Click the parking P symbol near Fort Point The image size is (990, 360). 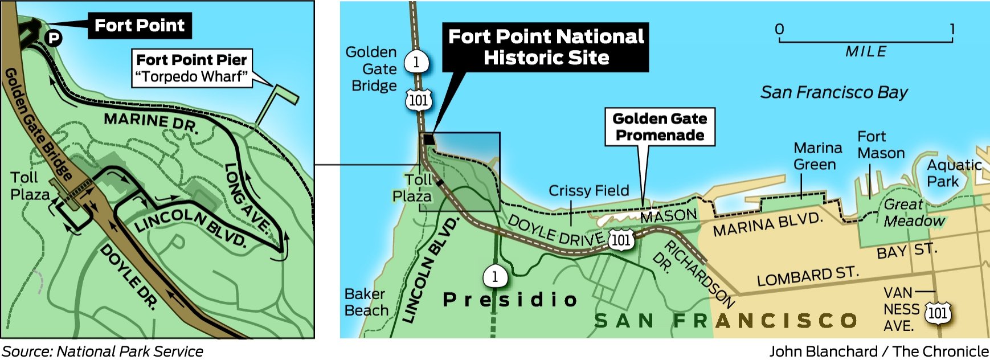(54, 38)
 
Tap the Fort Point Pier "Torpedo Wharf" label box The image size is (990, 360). (191, 68)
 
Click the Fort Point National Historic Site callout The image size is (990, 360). (546, 47)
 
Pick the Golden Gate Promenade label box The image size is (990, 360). (660, 126)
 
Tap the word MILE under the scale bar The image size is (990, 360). (866, 52)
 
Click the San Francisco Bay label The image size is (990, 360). (834, 92)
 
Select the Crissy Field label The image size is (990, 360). (588, 190)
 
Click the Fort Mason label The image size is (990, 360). (881, 145)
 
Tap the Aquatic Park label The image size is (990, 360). (954, 173)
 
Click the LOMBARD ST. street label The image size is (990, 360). (807, 276)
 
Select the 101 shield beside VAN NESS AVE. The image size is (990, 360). (938, 313)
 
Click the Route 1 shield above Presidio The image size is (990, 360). (494, 277)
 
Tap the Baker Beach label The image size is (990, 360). (366, 302)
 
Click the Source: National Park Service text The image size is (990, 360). (103, 351)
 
